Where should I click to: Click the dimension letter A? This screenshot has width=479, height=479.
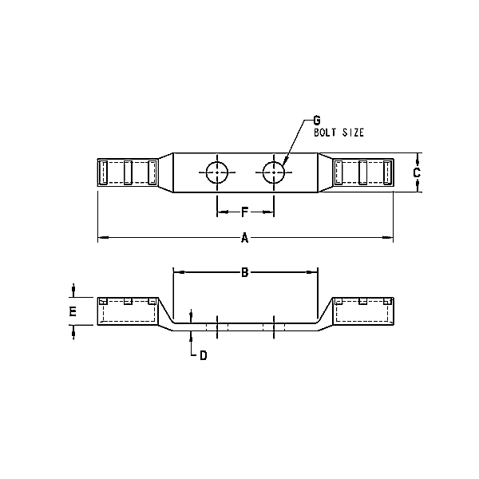245,238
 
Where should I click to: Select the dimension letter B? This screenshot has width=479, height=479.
245,272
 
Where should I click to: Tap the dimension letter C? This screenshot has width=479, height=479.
417,173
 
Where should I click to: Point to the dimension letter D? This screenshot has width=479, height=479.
204,355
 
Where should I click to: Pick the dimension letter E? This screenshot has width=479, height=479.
73,311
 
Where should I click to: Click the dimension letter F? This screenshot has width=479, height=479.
245,212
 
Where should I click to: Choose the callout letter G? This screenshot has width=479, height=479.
317,121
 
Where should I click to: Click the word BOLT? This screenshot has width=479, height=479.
325,133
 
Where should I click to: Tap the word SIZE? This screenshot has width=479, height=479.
353,133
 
